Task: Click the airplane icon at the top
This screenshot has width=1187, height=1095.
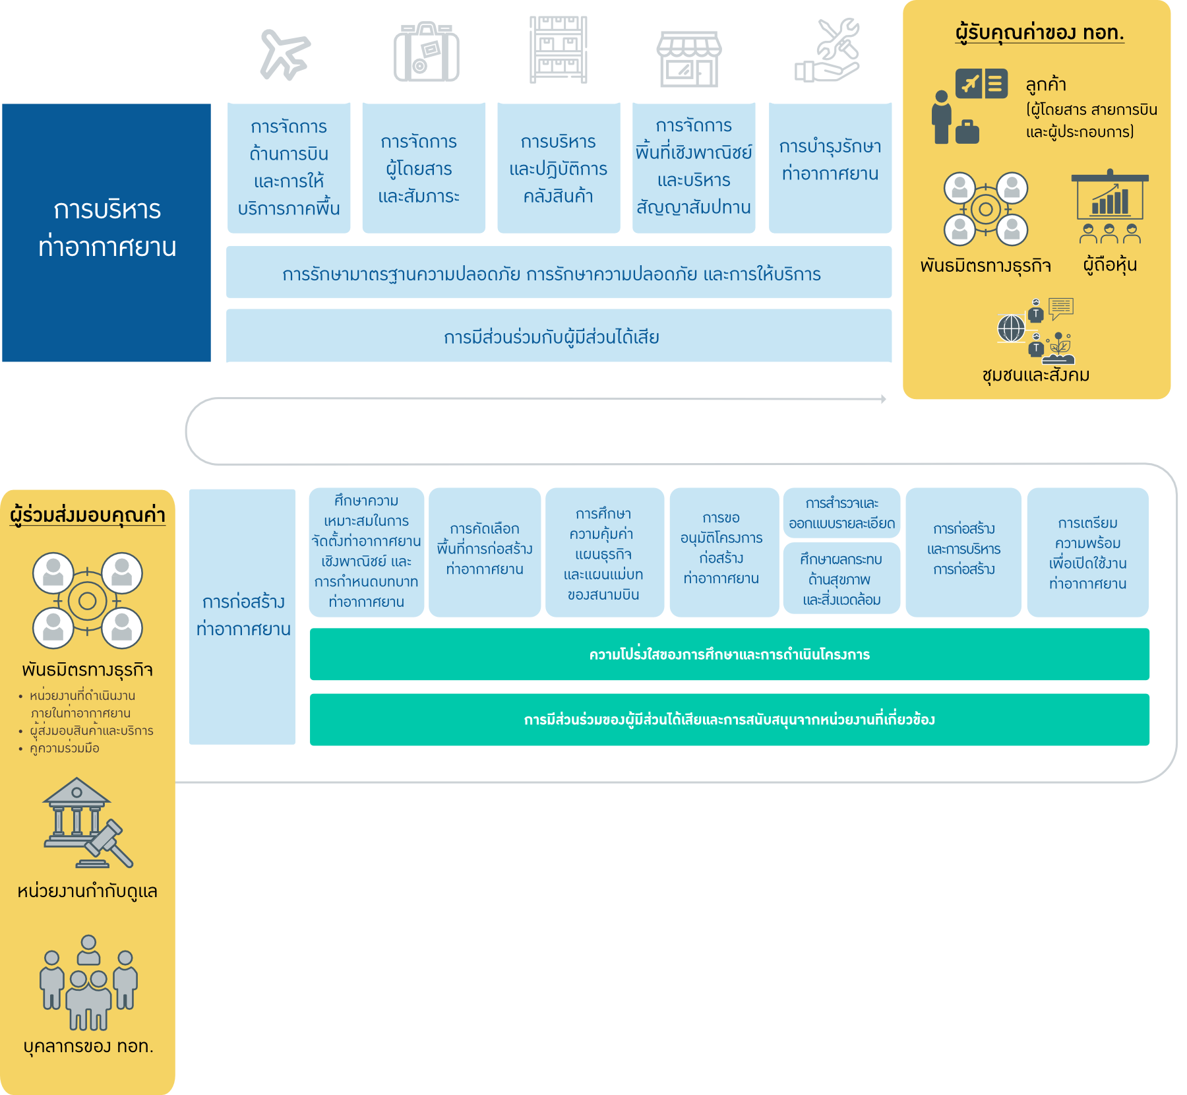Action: (x=285, y=54)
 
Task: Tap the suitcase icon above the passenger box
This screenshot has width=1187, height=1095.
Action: (x=426, y=53)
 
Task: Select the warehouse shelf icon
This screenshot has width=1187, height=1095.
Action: (x=558, y=50)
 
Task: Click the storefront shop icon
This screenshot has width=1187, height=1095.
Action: (x=689, y=59)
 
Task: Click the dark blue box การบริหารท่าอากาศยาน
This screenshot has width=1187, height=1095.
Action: (x=106, y=232)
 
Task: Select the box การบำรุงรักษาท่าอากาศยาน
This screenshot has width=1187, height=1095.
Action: (x=830, y=167)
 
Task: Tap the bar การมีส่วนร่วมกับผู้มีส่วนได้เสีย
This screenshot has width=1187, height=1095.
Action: (x=559, y=336)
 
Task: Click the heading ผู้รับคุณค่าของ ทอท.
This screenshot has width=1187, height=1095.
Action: (x=1039, y=32)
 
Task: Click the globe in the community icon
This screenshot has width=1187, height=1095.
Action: (x=1011, y=328)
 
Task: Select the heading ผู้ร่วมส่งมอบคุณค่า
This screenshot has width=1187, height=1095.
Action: (x=87, y=515)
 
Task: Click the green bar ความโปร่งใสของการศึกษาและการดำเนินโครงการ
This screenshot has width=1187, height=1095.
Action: (x=729, y=654)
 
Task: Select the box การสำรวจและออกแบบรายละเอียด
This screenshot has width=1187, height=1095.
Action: (x=841, y=513)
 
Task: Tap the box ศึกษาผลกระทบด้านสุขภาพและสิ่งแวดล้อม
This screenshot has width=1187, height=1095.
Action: (x=841, y=579)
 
